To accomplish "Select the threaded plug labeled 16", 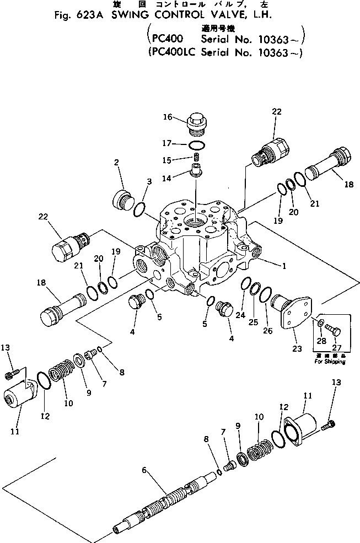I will tap(196, 123).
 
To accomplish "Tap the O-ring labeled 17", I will tap(197, 145).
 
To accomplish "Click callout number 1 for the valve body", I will tap(284, 266).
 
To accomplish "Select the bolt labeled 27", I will tap(334, 331).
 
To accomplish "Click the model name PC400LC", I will tap(171, 53).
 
